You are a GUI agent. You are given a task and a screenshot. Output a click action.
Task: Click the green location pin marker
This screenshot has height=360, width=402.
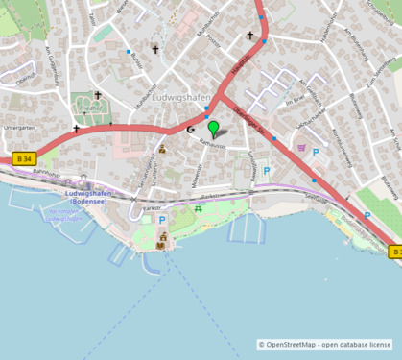213,128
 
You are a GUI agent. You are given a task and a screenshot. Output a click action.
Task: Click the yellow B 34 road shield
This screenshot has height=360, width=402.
24,158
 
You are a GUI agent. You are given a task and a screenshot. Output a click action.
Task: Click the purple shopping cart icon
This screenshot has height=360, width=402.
301,148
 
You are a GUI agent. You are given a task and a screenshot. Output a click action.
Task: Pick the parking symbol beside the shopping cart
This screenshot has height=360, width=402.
316,152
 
